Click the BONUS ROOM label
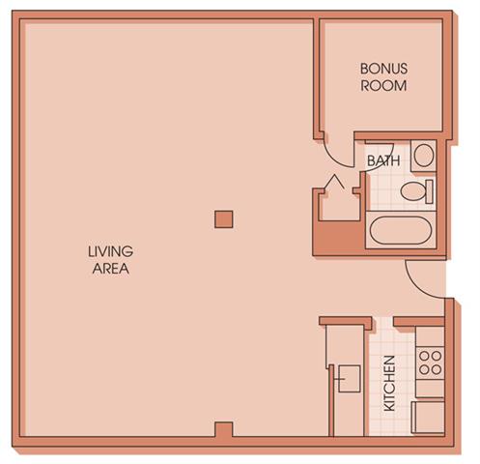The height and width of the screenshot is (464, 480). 383,77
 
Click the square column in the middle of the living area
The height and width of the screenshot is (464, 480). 223,218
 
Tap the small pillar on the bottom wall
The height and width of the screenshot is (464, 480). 223,429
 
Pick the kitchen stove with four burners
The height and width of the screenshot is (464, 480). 430,363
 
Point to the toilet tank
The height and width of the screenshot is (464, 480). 431,190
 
